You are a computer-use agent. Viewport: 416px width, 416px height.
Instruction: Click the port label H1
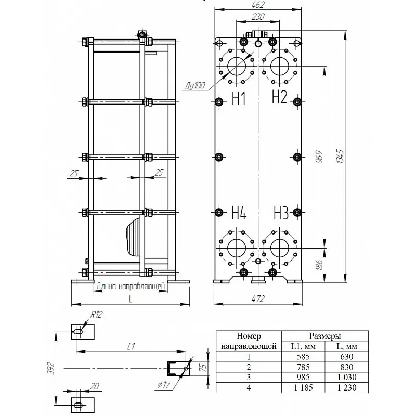[x=239, y=98]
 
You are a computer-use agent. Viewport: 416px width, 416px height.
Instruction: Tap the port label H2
[x=280, y=97]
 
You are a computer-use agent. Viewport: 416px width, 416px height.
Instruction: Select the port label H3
[x=281, y=213]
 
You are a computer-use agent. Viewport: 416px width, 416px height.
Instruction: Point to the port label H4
[x=239, y=213]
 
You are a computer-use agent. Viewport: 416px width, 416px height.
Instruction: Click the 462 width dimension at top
[x=258, y=5]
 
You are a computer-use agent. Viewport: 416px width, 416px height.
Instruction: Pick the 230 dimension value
[x=258, y=17]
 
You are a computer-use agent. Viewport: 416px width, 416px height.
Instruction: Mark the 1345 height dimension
[x=340, y=157]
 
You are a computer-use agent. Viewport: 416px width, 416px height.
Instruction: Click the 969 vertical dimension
[x=319, y=157]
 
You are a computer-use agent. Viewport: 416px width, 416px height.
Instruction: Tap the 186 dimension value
[x=319, y=265]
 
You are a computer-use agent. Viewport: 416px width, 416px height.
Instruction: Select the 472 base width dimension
[x=258, y=298]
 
